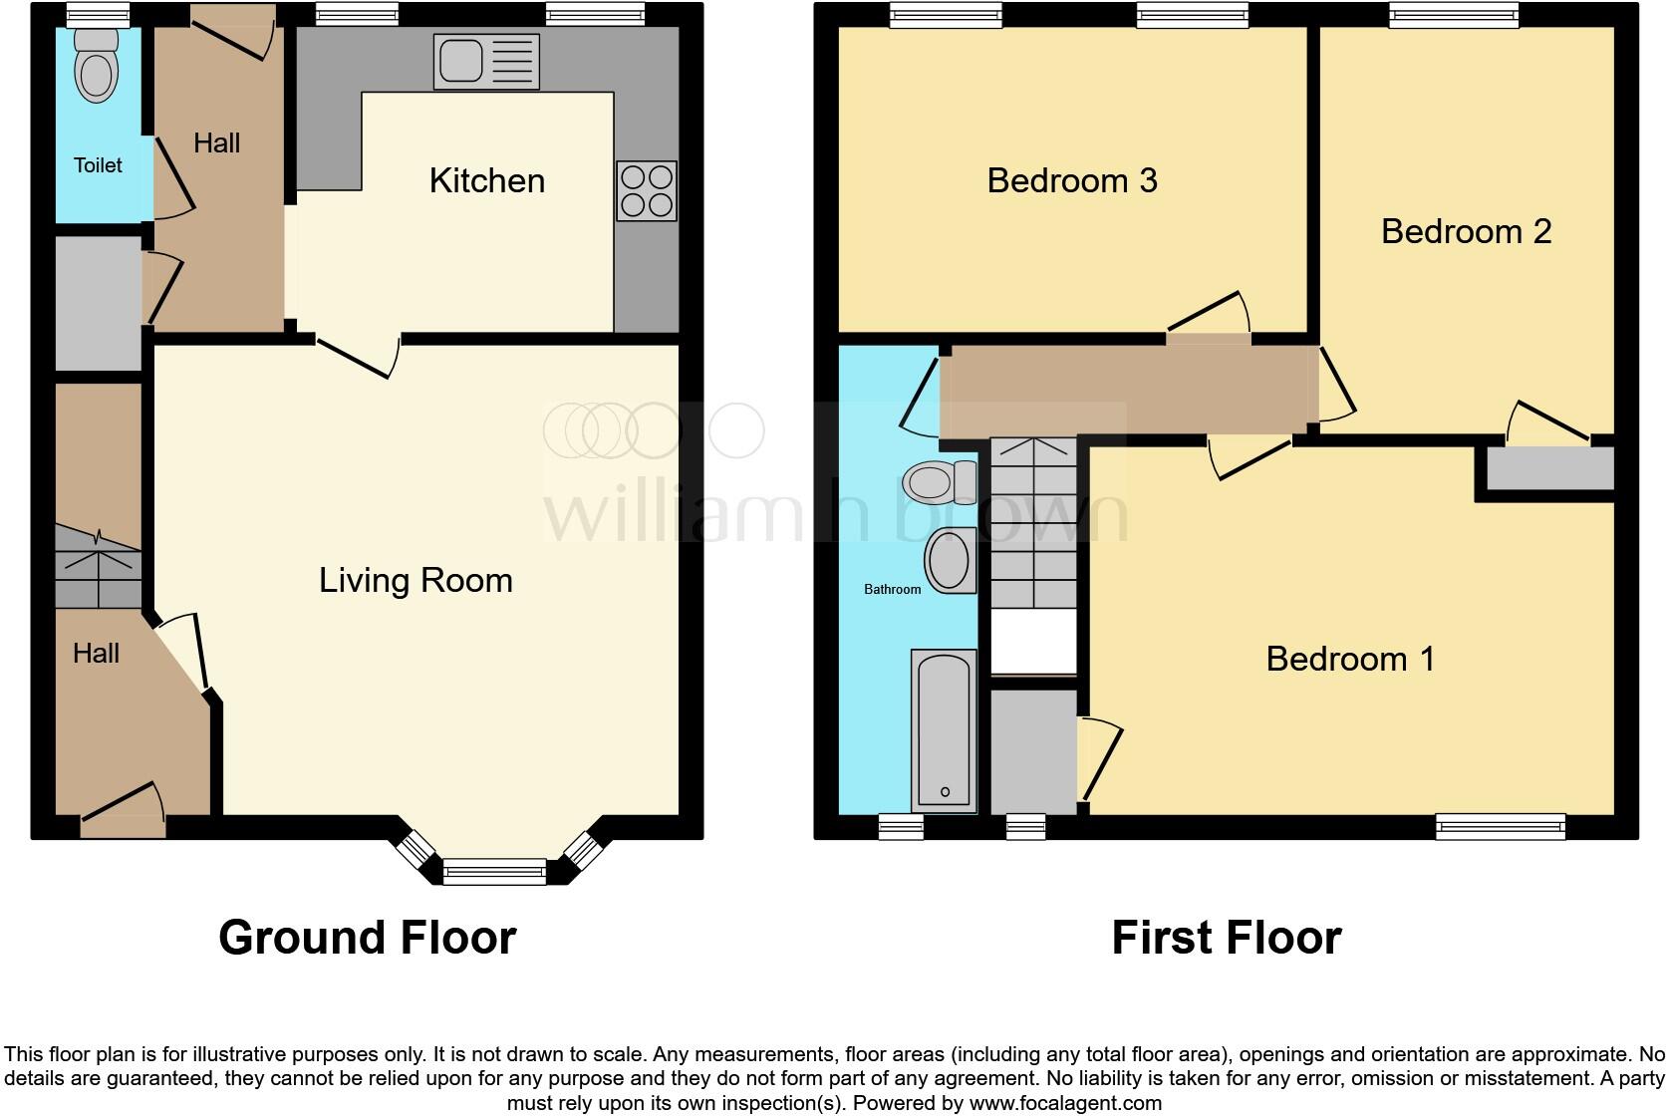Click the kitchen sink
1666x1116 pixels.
click(x=486, y=62)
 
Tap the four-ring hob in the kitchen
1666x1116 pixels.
click(x=647, y=191)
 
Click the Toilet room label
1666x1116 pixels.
click(x=98, y=165)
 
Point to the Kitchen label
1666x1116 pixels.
click(x=486, y=180)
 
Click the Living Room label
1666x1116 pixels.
click(x=416, y=580)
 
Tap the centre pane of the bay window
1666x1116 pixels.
click(x=494, y=873)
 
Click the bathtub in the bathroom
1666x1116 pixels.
click(x=943, y=730)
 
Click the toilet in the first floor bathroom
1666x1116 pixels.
click(x=937, y=483)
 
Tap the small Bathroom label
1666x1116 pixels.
click(x=892, y=590)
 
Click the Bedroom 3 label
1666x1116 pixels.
click(x=1071, y=180)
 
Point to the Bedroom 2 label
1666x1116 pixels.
click(x=1466, y=231)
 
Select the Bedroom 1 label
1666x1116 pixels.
click(x=1350, y=659)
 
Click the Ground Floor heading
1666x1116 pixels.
click(x=367, y=938)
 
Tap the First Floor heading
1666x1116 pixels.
click(x=1226, y=938)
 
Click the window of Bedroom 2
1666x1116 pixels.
click(x=1454, y=15)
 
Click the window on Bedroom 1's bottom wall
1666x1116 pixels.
click(x=1500, y=826)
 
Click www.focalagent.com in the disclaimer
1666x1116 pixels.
click(x=1065, y=1103)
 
